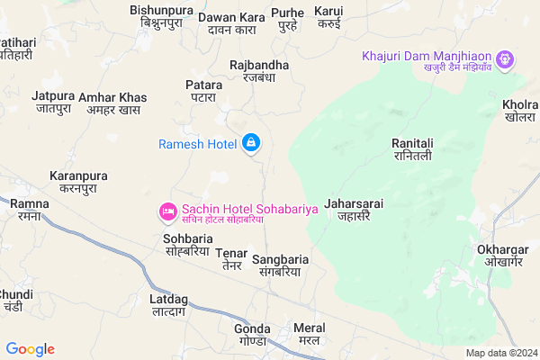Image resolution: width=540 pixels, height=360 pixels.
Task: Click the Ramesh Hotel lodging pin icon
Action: coord(251,144)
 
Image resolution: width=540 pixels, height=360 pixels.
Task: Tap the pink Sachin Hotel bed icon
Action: coord(166,211)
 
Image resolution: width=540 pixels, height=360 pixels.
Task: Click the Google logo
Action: coord(31,349)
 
